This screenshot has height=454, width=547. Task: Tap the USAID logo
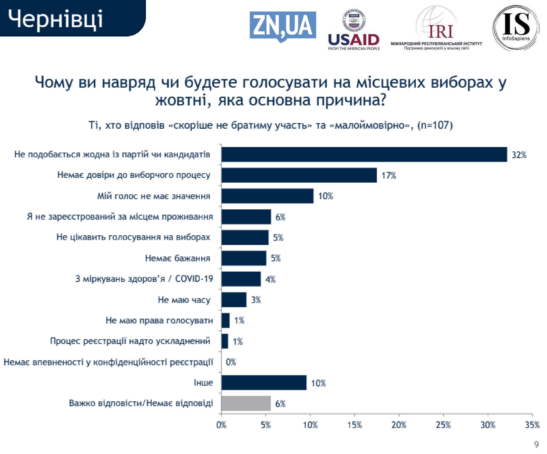(x=354, y=30)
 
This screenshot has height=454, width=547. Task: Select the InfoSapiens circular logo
(x=516, y=27)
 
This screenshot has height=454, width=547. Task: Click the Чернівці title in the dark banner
(x=55, y=19)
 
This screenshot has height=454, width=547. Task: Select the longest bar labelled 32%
(x=364, y=154)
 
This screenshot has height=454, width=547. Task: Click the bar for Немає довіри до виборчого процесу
(x=299, y=175)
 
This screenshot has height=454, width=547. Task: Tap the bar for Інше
(x=264, y=382)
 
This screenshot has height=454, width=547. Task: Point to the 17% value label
(x=389, y=175)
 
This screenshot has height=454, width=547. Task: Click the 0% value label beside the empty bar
(x=231, y=362)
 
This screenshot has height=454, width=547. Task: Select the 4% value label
(x=270, y=279)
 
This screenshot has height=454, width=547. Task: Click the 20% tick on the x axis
(x=399, y=425)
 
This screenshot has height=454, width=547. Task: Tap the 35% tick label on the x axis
(x=532, y=425)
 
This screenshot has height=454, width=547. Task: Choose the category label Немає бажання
(x=178, y=258)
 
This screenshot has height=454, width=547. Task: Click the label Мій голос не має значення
(x=154, y=196)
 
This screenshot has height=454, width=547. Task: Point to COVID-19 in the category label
(x=194, y=279)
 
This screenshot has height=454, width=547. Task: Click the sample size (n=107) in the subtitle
(x=435, y=125)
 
